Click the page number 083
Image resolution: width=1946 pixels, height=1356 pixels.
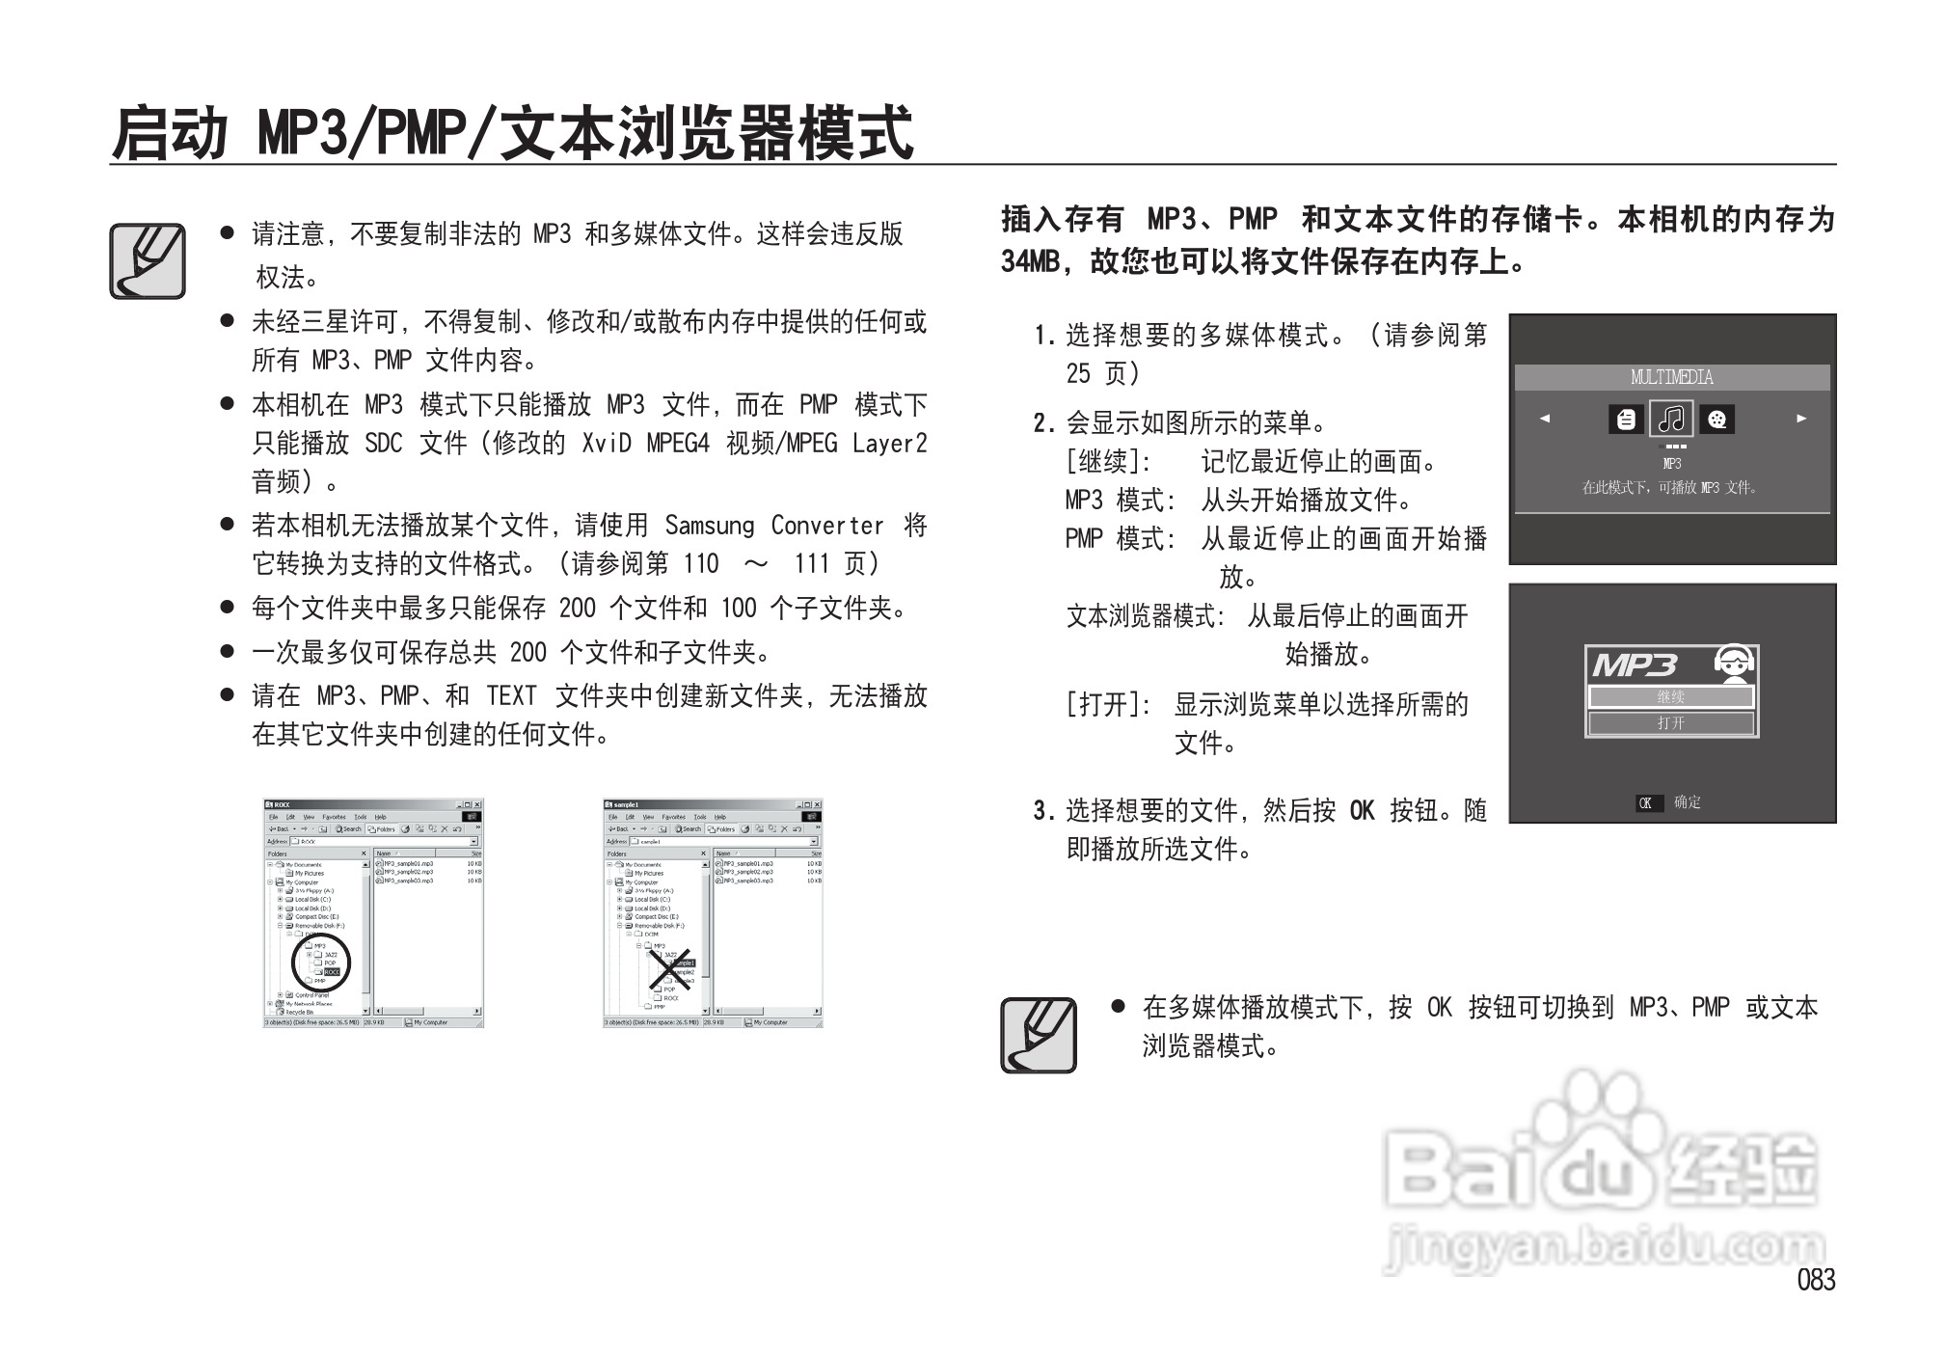click(x=1816, y=1280)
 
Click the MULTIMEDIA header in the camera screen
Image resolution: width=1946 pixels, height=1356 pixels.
click(x=1671, y=377)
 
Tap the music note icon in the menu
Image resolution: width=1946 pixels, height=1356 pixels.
click(x=1671, y=419)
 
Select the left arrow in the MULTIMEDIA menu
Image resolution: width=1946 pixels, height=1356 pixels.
click(x=1545, y=419)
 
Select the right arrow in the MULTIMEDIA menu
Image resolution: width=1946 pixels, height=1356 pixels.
click(x=1800, y=419)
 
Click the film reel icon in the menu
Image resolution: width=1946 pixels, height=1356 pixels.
click(x=1716, y=419)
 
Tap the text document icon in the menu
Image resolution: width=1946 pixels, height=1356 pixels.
click(x=1626, y=419)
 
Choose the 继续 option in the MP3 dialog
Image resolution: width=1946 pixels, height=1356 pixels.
click(x=1671, y=696)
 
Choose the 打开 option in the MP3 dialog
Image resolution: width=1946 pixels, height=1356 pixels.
click(x=1671, y=723)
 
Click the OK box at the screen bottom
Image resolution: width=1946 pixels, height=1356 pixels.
click(x=1647, y=802)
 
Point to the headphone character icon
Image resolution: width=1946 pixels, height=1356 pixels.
click(x=1733, y=663)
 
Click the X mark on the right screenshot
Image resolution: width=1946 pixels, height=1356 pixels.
click(x=669, y=968)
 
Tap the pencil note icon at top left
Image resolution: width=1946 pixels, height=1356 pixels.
click(x=148, y=261)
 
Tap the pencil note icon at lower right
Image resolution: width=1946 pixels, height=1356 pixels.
click(x=1039, y=1035)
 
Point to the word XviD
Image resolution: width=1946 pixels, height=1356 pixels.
click(x=606, y=443)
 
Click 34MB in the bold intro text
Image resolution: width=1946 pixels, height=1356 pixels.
click(x=1030, y=261)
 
